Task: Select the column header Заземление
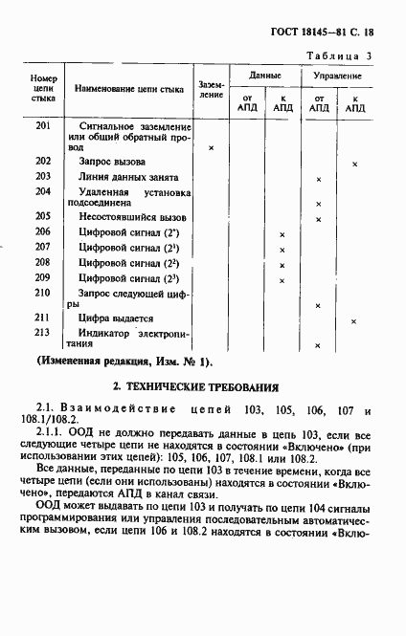click(211, 90)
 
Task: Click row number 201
click(42, 126)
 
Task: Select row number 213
click(42, 332)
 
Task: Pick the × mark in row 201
click(210, 148)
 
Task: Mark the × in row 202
click(354, 164)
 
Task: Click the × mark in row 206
click(282, 234)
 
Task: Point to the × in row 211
click(354, 320)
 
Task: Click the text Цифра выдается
click(116, 318)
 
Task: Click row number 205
click(42, 217)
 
